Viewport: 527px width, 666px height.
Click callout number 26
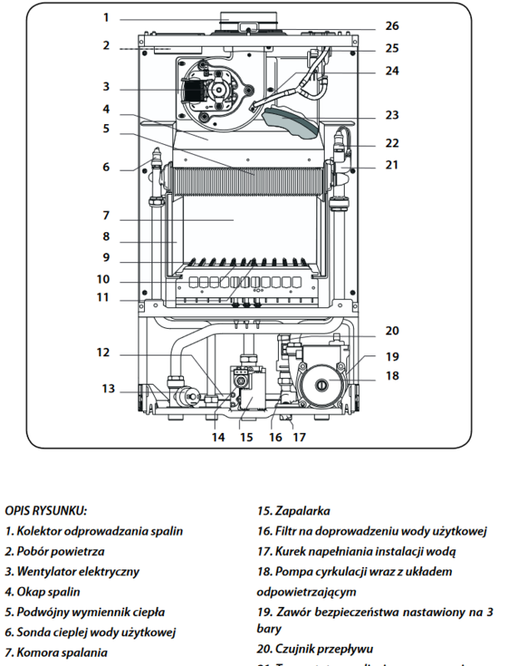392,26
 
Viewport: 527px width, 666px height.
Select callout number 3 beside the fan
107,86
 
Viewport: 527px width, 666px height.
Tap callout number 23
392,115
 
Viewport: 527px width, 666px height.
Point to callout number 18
392,375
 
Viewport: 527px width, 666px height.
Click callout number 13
108,388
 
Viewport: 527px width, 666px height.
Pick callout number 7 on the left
107,215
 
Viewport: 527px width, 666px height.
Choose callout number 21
392,165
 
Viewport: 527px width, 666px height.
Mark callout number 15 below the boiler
246,435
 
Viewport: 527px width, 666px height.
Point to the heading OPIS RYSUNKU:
46,511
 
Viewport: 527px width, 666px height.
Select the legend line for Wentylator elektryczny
72,572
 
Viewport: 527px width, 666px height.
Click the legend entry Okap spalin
42,592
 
